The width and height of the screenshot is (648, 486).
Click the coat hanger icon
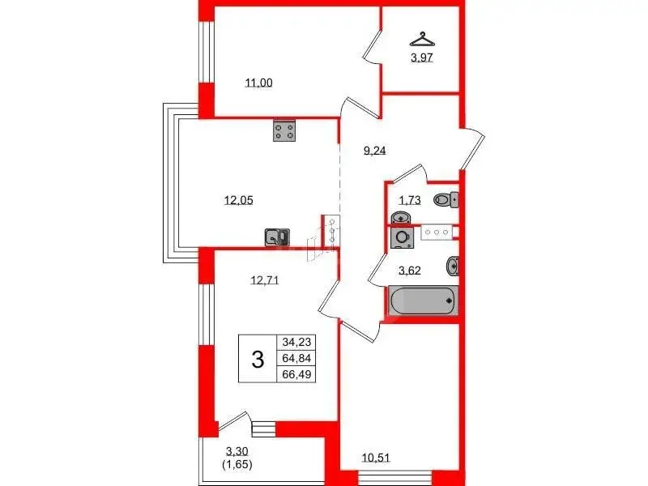pyautogui.click(x=422, y=39)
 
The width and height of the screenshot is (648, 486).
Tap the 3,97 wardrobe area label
pyautogui.click(x=422, y=58)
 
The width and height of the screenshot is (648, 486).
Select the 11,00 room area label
pyautogui.click(x=258, y=83)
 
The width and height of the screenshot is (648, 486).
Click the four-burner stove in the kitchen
pyautogui.click(x=284, y=130)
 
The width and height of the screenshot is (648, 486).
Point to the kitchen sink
pyautogui.click(x=277, y=237)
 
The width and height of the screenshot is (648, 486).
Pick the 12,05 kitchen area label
pyautogui.click(x=238, y=200)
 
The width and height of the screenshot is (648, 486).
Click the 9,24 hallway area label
pyautogui.click(x=374, y=151)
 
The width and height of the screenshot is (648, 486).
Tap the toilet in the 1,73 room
pyautogui.click(x=446, y=200)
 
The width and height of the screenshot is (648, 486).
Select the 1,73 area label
pyautogui.click(x=410, y=200)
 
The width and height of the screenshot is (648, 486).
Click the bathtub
pyautogui.click(x=423, y=301)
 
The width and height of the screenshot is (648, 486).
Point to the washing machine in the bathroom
pyautogui.click(x=402, y=237)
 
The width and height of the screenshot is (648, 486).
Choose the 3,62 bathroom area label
pyautogui.click(x=410, y=271)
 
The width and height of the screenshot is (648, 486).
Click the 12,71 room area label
pyautogui.click(x=265, y=280)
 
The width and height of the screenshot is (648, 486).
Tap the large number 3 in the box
pyautogui.click(x=258, y=359)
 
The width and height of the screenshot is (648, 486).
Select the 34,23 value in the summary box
pyautogui.click(x=296, y=342)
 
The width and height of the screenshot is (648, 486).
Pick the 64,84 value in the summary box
pyautogui.click(x=296, y=358)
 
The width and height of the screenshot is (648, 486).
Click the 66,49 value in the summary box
pyautogui.click(x=296, y=374)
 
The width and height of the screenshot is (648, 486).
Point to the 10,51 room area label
pyautogui.click(x=376, y=458)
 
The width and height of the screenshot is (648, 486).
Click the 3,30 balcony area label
pyautogui.click(x=237, y=451)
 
